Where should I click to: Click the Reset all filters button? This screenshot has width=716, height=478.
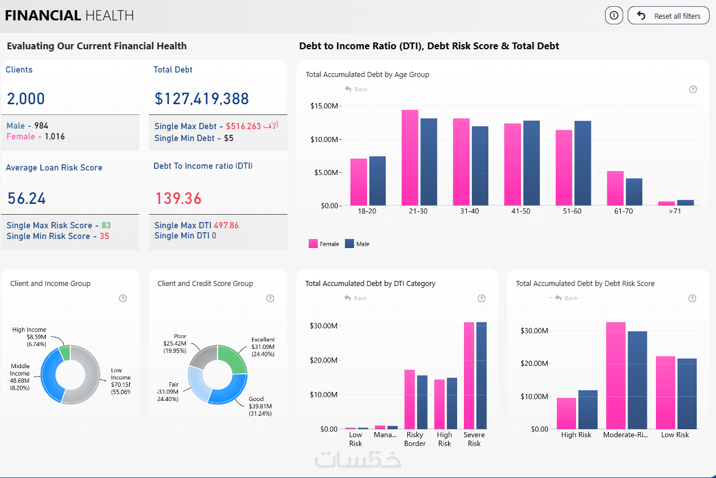pos(668,16)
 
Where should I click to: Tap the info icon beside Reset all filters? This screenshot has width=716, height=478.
pos(613,16)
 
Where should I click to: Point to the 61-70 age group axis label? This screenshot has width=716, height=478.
pos(623,211)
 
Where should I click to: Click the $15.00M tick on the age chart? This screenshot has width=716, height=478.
pos(325,106)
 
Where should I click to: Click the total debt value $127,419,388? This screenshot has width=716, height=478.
pos(201,99)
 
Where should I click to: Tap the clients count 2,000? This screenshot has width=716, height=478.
pos(26,99)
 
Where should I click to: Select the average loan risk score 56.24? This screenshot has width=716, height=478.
pos(27,198)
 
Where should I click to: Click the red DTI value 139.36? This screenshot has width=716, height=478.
pos(178,198)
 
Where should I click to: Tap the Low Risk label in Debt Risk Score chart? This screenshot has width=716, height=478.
pos(675,435)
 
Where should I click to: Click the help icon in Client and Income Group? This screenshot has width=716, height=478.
pos(123,298)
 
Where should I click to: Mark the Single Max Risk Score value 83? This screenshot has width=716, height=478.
pos(106,225)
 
